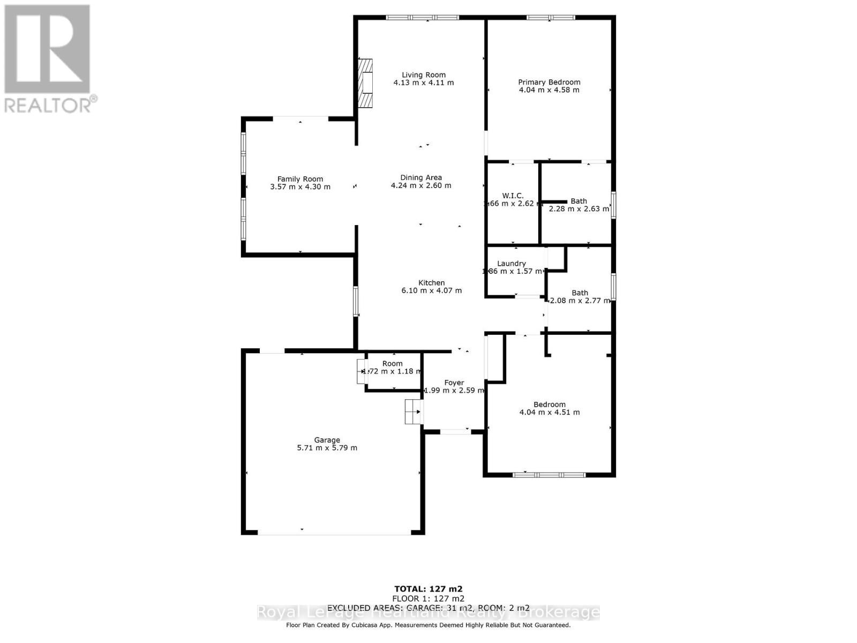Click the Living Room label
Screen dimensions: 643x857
(424, 75)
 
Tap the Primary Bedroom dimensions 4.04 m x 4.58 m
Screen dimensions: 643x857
(549, 90)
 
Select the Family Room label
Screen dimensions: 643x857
(300, 179)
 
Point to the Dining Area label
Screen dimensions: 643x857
(421, 177)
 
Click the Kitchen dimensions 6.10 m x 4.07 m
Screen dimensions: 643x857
(431, 290)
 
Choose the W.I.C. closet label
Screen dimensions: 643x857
(513, 196)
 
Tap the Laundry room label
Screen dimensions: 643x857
(511, 263)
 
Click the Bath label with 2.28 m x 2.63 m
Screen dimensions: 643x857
(578, 201)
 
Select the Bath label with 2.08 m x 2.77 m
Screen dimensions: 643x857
(580, 293)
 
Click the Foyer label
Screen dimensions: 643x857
(454, 383)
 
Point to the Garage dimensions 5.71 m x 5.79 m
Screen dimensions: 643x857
(327, 448)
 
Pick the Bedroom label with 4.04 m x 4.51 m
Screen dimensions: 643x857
(549, 405)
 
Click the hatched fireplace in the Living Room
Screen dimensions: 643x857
(366, 83)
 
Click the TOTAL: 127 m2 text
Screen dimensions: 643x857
(428, 589)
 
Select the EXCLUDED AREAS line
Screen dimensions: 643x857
(428, 608)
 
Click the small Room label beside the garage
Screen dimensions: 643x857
(392, 363)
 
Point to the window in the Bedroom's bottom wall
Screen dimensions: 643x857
(549, 475)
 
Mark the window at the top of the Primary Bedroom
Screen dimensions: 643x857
(550, 18)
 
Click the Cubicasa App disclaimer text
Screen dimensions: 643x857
(428, 625)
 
